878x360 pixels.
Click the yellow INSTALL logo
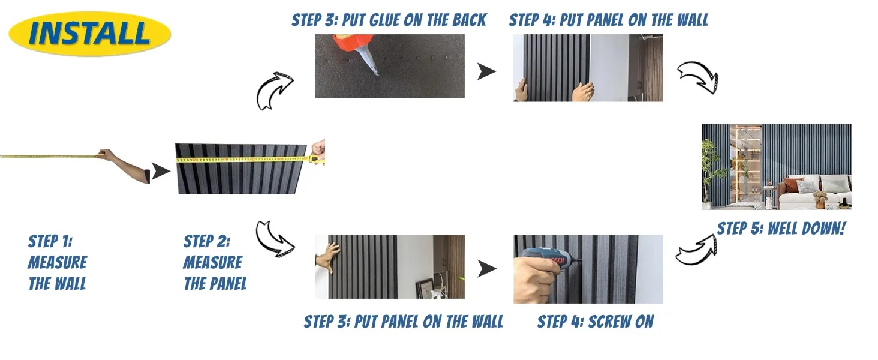coord(90,34)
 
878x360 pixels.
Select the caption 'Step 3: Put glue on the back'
coord(389,20)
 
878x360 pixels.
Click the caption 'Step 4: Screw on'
coord(595,322)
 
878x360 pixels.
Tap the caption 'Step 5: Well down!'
coord(781,228)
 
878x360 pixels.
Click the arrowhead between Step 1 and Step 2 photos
coord(160,171)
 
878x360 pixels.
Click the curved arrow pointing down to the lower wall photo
coord(275,239)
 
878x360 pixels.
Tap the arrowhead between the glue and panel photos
coord(486,71)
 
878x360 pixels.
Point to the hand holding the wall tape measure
coord(105,154)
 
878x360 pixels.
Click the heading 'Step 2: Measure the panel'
coord(215,262)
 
